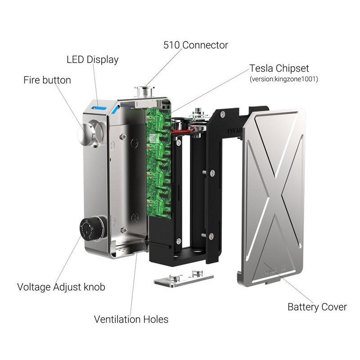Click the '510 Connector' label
(x=196, y=45)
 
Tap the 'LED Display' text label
(x=93, y=60)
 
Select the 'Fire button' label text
(x=47, y=80)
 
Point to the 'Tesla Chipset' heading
(x=279, y=68)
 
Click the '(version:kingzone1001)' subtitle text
(x=284, y=79)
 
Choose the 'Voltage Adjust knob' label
(x=61, y=287)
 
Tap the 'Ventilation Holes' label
(x=131, y=319)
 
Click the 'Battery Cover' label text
(x=317, y=307)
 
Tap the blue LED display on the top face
(x=99, y=108)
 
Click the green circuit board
(x=159, y=162)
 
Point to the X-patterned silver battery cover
(x=272, y=198)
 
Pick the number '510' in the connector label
(x=171, y=45)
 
